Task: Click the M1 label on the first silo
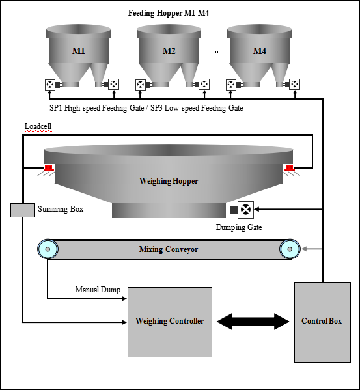click(78, 51)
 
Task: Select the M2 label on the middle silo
click(169, 51)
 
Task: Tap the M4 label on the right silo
click(259, 51)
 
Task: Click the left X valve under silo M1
click(50, 85)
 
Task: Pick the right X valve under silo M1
click(114, 84)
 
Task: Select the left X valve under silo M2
click(141, 85)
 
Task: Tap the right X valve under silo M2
click(204, 84)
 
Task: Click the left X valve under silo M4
click(231, 85)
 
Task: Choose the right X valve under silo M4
click(295, 84)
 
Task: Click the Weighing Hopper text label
click(169, 181)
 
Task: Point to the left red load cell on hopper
click(48, 169)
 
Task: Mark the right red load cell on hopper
click(289, 169)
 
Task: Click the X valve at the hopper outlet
click(245, 210)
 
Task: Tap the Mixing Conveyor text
click(169, 249)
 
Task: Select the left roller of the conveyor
click(48, 249)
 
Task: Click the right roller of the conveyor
click(290, 249)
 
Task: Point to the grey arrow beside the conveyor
click(312, 249)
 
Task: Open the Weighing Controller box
click(169, 322)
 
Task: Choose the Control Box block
click(322, 322)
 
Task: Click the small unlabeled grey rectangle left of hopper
click(22, 210)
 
